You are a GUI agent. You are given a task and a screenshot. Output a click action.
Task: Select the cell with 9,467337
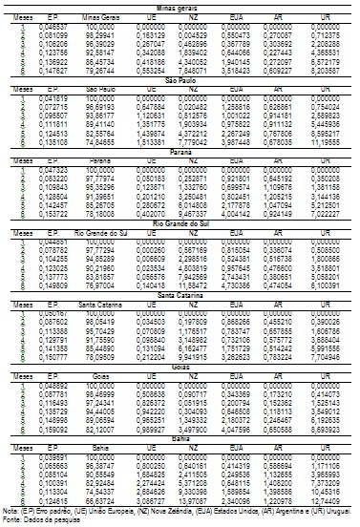pos(211,216)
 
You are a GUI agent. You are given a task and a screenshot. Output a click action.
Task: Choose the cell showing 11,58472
pos(211,285)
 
